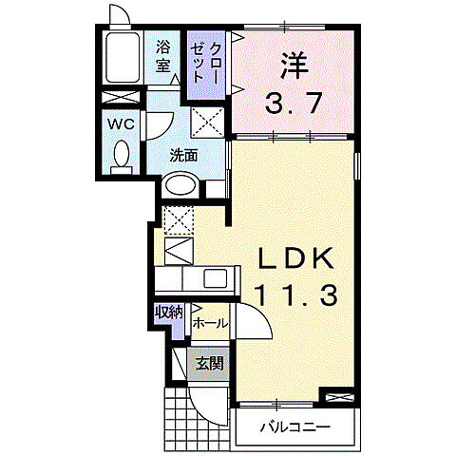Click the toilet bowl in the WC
tap(120, 157)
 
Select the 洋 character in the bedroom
tap(293, 67)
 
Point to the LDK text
tap(294, 257)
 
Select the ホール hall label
tap(209, 323)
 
